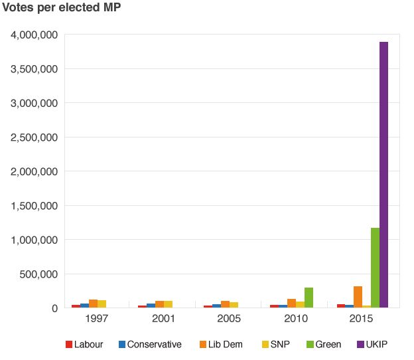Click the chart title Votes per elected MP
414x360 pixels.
(x=62, y=9)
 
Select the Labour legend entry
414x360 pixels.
(x=84, y=344)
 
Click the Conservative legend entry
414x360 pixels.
(x=150, y=344)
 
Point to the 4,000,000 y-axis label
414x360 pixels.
(x=34, y=35)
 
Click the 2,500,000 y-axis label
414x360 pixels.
(x=34, y=137)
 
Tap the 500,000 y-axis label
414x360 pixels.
(x=40, y=274)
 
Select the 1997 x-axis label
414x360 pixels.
(x=98, y=319)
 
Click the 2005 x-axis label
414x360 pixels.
(x=230, y=319)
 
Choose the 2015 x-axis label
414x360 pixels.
(x=362, y=319)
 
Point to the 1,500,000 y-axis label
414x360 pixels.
(x=34, y=206)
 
